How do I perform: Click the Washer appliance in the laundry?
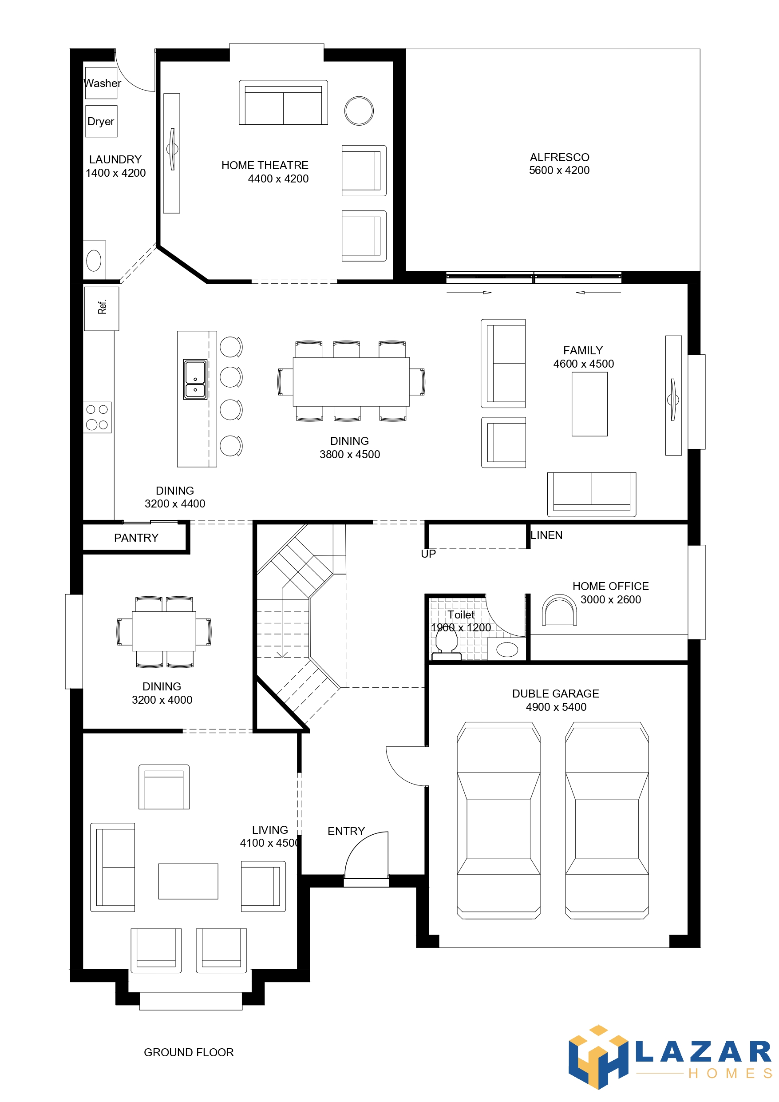(101, 83)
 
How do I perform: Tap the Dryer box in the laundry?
(101, 121)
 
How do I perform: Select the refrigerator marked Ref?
(102, 309)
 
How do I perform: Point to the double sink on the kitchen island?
(195, 380)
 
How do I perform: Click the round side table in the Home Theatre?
(359, 111)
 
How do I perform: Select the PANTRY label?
(136, 538)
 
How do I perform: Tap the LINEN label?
(547, 535)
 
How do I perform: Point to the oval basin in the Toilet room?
(507, 650)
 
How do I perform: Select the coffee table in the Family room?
(589, 404)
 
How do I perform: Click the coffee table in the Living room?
(188, 881)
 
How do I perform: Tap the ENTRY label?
(346, 831)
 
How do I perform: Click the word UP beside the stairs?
(428, 554)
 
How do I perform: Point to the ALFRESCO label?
(560, 158)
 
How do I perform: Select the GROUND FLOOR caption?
(189, 1053)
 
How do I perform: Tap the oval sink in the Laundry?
(94, 261)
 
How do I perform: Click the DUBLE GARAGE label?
(556, 694)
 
